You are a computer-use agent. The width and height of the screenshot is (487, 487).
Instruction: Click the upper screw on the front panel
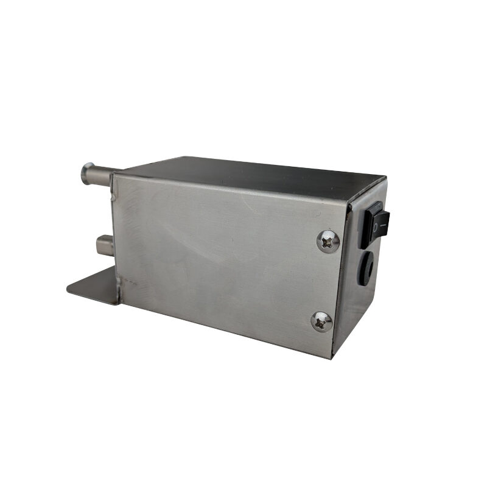click(x=328, y=242)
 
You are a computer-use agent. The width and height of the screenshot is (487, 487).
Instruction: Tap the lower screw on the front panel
click(x=321, y=321)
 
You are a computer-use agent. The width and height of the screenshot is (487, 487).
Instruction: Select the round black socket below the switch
click(x=368, y=267)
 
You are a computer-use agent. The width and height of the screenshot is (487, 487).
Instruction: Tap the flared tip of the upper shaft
click(x=86, y=173)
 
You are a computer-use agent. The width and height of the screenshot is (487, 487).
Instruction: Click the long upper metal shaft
click(x=101, y=176)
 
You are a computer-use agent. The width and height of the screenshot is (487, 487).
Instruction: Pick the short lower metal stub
click(x=104, y=246)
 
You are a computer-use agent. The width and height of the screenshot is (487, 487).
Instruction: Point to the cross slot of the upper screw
click(x=328, y=242)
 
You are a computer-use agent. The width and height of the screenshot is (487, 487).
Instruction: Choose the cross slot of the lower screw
click(x=321, y=321)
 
